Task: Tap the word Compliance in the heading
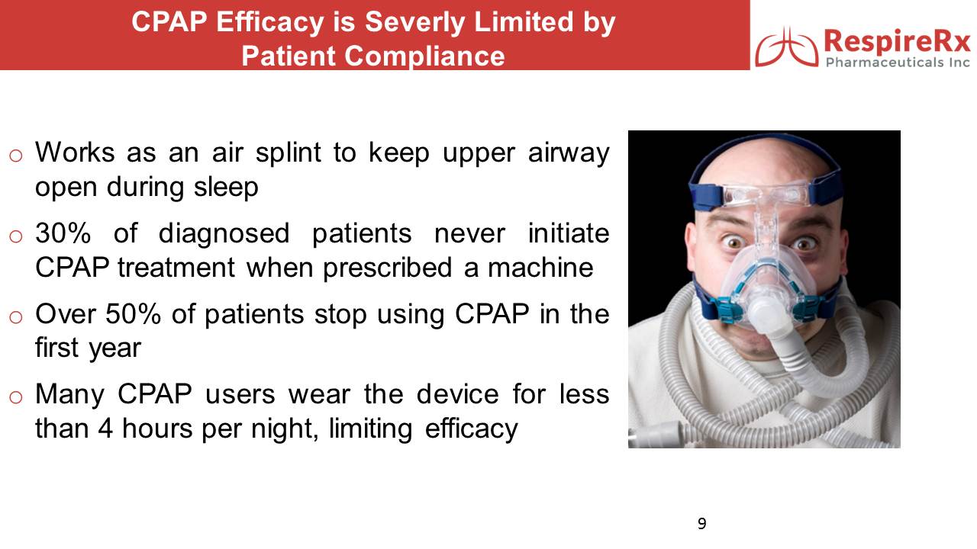coord(424,56)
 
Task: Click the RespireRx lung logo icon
coord(787,47)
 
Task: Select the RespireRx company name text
coord(897,42)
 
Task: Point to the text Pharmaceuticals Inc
coord(898,63)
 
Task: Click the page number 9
coord(701,523)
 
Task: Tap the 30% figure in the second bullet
coord(63,233)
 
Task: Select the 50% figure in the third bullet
coord(133,313)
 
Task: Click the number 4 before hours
coord(105,428)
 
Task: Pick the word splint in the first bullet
coord(289,152)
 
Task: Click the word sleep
coord(226,188)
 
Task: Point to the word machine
coord(541,267)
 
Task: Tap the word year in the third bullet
coord(115,348)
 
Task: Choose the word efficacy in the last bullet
coord(472,429)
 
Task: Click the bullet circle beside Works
coord(16,156)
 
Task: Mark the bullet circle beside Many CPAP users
coord(16,397)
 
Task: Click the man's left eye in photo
coord(804,243)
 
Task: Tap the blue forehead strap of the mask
coord(707,195)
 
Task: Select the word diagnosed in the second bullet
coord(224,234)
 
